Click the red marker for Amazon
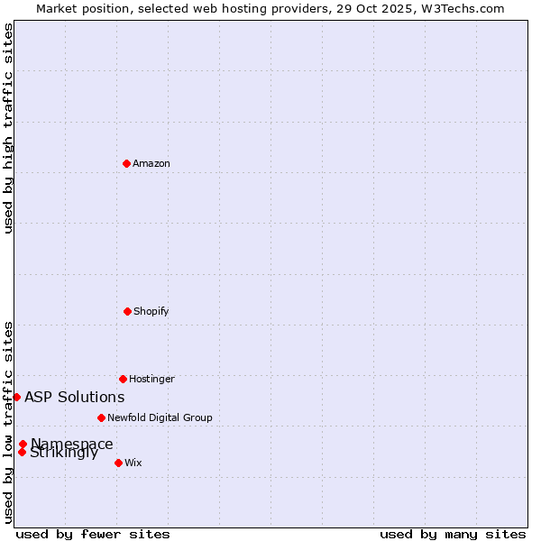(x=126, y=163)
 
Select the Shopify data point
(x=127, y=311)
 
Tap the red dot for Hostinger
(x=123, y=379)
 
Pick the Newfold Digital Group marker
(x=101, y=417)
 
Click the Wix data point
(x=118, y=463)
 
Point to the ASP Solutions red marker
(x=16, y=397)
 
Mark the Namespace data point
(x=23, y=444)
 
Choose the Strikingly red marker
(x=22, y=452)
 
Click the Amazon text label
(x=151, y=163)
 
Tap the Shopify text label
(x=151, y=311)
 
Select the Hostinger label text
(x=151, y=379)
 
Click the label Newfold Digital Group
(x=160, y=417)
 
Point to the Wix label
(x=133, y=463)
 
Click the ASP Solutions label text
(x=75, y=397)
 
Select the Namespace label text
(x=72, y=443)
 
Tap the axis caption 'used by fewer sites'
(x=93, y=534)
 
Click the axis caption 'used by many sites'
(x=453, y=534)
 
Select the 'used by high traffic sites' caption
(x=8, y=128)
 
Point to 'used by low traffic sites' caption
(x=8, y=422)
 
